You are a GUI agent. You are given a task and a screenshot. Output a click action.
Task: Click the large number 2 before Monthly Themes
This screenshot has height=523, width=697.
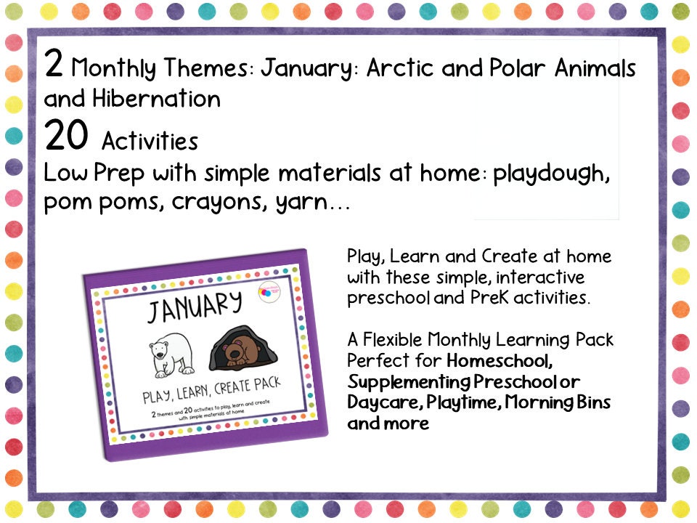coord(54,65)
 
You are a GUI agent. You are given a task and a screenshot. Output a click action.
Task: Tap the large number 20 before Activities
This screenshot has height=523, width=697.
coord(66,135)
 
